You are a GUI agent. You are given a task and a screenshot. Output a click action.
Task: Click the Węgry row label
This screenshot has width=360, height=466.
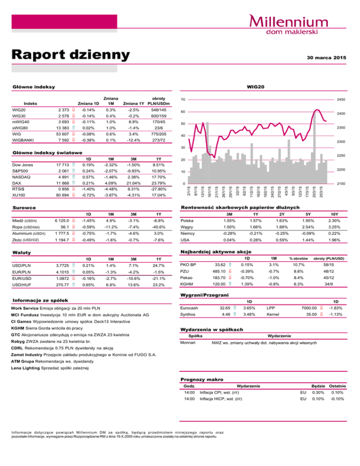(x=188, y=226)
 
